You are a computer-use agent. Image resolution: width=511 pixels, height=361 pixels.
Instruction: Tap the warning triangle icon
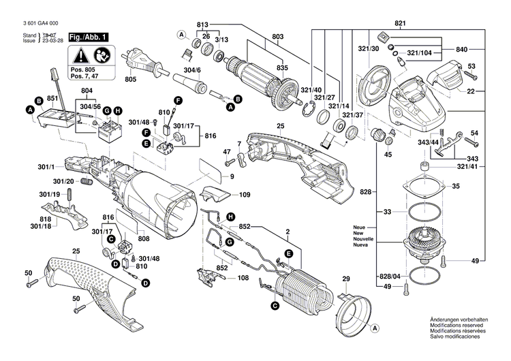click(x=81, y=57)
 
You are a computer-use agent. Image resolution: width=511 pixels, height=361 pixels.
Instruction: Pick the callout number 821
click(x=399, y=25)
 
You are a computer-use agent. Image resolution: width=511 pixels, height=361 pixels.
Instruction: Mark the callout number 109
click(x=245, y=195)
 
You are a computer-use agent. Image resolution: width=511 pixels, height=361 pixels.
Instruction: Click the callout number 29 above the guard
click(x=345, y=280)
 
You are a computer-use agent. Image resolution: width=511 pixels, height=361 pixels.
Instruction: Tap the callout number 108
click(x=244, y=278)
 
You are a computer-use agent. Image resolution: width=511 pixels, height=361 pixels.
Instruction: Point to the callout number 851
click(x=51, y=99)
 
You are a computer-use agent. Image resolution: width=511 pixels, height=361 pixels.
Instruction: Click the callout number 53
click(x=471, y=65)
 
